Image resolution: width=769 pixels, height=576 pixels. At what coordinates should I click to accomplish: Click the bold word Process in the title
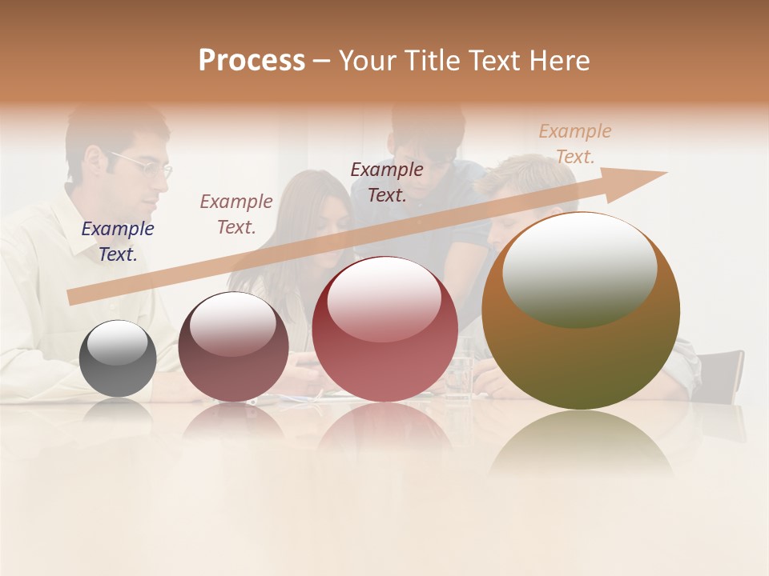click(x=252, y=61)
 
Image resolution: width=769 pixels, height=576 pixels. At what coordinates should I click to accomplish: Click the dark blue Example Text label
click(x=118, y=242)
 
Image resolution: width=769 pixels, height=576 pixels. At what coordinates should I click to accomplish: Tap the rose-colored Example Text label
click(x=236, y=214)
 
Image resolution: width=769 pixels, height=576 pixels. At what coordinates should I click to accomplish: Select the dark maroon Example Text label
click(x=387, y=182)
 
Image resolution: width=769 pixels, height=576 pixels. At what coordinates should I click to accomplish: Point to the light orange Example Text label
click(x=575, y=144)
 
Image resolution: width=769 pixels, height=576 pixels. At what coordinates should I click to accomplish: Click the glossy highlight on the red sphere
click(x=384, y=298)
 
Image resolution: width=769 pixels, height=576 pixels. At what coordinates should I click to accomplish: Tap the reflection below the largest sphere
click(x=581, y=444)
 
